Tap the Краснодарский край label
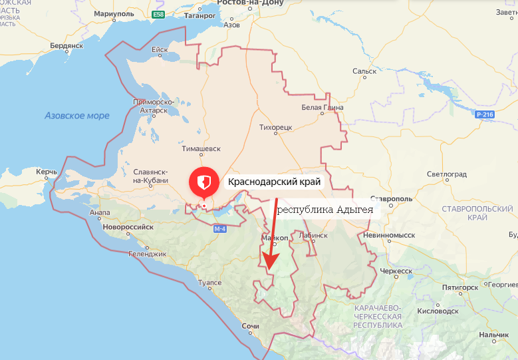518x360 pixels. coord(274,182)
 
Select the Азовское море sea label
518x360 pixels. coord(77,116)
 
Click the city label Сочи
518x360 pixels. coord(250,327)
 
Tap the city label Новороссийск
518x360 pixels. coord(127,227)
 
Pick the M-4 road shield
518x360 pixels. coord(220,229)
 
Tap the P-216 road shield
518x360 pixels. coord(485,115)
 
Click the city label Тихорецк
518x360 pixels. coord(276,125)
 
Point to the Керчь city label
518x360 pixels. coord(47,172)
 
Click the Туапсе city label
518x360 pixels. coord(210,283)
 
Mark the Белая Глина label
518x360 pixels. coord(322,107)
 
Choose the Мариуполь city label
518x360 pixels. coord(114,13)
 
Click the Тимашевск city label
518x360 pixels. coord(201,150)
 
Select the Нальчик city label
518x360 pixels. coord(493,334)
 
